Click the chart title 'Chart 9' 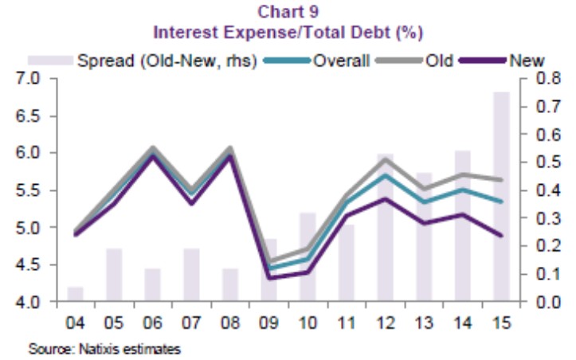pyautogui.click(x=288, y=11)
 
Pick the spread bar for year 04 pyautogui.click(x=75, y=294)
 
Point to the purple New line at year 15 pyautogui.click(x=501, y=235)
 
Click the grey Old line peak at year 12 pyautogui.click(x=385, y=159)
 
